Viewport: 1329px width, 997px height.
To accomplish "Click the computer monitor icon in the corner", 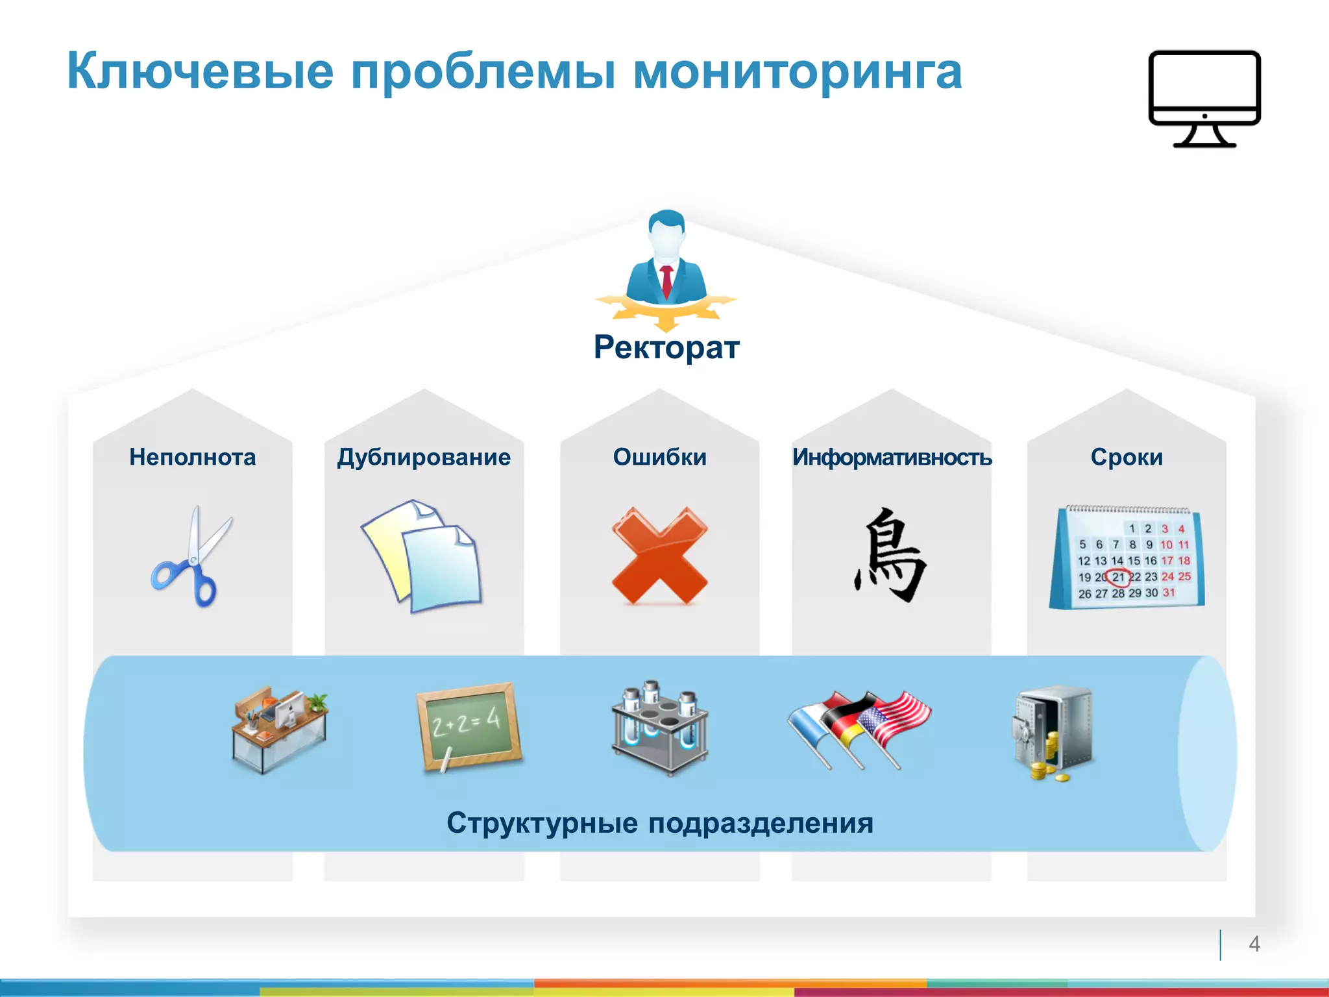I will [1204, 97].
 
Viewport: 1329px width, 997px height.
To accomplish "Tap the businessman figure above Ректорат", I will [666, 260].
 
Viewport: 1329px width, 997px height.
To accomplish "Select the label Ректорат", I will [666, 347].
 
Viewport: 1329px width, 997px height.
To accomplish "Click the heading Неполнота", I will [193, 458].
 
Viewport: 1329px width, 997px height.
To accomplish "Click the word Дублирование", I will [424, 458].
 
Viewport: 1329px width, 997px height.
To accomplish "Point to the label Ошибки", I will [659, 458].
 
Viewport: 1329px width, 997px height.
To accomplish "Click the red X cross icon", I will [659, 556].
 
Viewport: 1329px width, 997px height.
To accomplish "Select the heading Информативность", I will [892, 458].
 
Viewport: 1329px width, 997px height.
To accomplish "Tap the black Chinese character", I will [890, 556].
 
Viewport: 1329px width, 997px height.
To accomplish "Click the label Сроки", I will [1127, 458].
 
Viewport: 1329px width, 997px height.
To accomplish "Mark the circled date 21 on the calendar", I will [1118, 576].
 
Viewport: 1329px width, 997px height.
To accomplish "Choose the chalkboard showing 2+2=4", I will [469, 726].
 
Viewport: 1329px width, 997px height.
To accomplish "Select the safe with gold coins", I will [1053, 732].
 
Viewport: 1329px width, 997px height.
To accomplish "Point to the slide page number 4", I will [1254, 944].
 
